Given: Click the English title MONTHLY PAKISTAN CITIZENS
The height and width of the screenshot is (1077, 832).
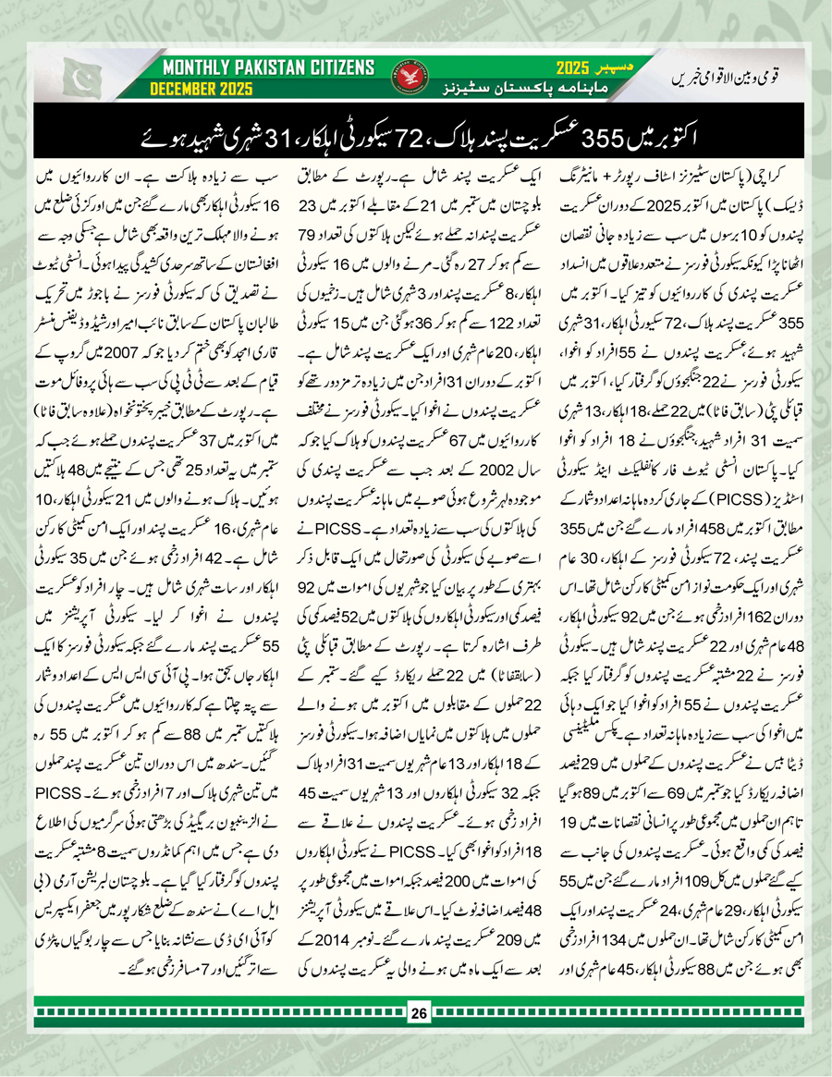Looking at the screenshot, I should pos(268,67).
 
